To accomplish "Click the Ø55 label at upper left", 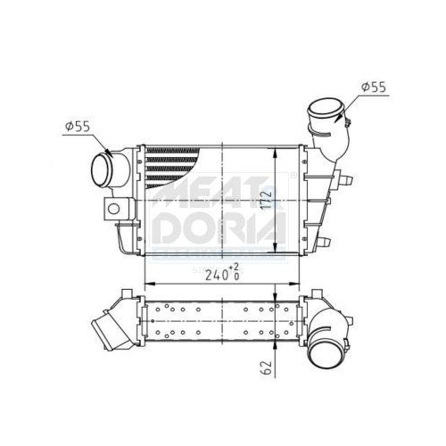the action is pos(78,127).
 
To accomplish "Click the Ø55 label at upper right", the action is pos(374,87).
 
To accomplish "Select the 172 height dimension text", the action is pos(268,200).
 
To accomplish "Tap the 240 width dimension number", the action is pos(216,276).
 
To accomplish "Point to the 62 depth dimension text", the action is pos(268,368).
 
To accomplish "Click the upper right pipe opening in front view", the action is pos(325,109).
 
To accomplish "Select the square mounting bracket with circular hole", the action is pos(116,209).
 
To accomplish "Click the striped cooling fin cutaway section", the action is pos(171,167).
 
